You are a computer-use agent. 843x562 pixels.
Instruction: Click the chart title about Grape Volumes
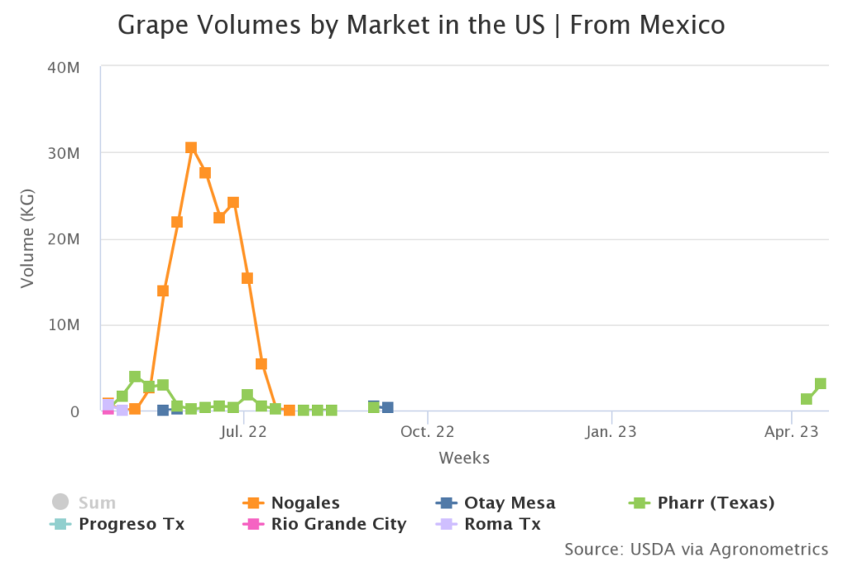pos(421,25)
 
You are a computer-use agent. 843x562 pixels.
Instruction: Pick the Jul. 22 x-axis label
pos(244,430)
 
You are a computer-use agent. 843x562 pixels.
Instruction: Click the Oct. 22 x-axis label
pos(428,430)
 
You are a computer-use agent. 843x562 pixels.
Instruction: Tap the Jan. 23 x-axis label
pos(612,430)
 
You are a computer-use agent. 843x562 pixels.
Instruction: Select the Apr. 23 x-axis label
pos(791,430)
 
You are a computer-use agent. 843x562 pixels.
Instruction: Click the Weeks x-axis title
pos(464,457)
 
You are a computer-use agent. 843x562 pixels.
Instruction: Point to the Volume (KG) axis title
pos(28,239)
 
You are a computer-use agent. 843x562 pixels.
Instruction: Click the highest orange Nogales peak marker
pos(191,148)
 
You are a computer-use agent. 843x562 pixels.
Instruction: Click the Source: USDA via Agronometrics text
pos(696,549)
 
